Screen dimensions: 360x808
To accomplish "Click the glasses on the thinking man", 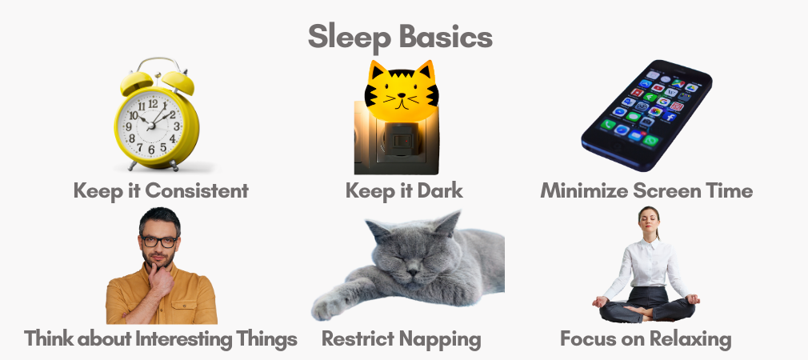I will click(x=158, y=241).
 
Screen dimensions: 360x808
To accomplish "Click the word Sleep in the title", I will click(x=346, y=37).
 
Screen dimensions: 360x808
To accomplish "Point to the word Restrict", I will click(x=354, y=339).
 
